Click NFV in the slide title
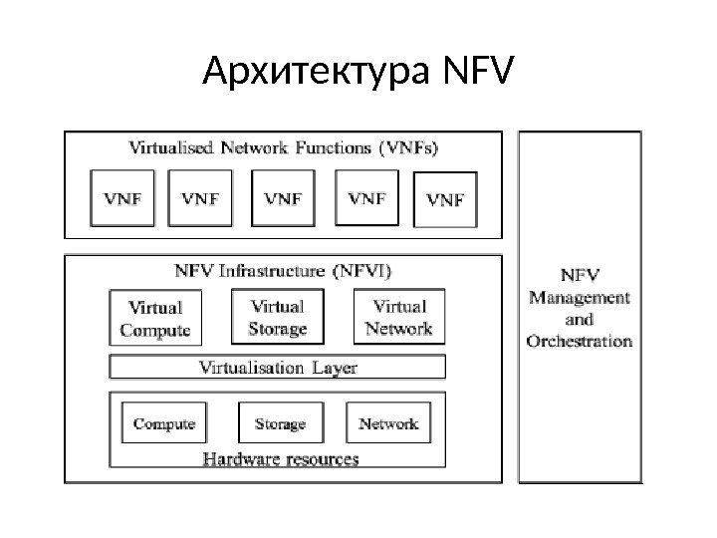tap(472, 72)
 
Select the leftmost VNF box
tap(124, 198)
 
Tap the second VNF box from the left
tap(200, 198)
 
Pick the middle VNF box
tap(283, 198)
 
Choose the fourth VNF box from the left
tap(366, 198)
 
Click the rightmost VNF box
tap(444, 199)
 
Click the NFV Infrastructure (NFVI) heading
tap(283, 270)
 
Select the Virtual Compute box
tap(154, 318)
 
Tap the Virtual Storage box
tap(278, 317)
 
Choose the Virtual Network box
tap(398, 317)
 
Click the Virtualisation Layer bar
tap(278, 368)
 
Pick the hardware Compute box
tap(163, 423)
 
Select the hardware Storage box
tap(280, 423)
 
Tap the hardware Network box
tap(388, 423)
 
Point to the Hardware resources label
tap(280, 459)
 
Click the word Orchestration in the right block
tap(580, 340)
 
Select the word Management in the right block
tap(580, 297)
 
